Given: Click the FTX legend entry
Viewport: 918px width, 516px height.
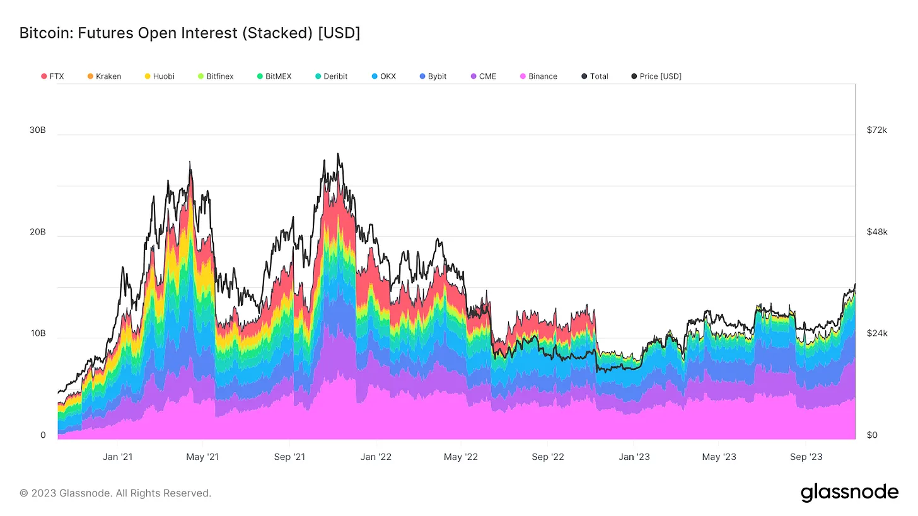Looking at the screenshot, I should (x=52, y=76).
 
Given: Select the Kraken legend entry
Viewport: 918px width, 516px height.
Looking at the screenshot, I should (x=104, y=76).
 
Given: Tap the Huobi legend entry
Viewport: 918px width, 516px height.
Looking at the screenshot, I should (x=159, y=76).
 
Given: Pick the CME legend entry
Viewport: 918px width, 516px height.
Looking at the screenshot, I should (x=483, y=76).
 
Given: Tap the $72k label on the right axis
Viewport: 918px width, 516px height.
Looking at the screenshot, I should (x=877, y=130).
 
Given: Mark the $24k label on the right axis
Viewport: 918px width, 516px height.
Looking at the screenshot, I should (x=877, y=333).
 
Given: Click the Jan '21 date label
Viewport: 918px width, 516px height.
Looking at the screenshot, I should (x=118, y=457).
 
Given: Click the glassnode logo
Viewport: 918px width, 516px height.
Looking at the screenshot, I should (x=849, y=493).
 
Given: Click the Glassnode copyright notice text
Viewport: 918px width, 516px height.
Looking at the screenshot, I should (x=115, y=493).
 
